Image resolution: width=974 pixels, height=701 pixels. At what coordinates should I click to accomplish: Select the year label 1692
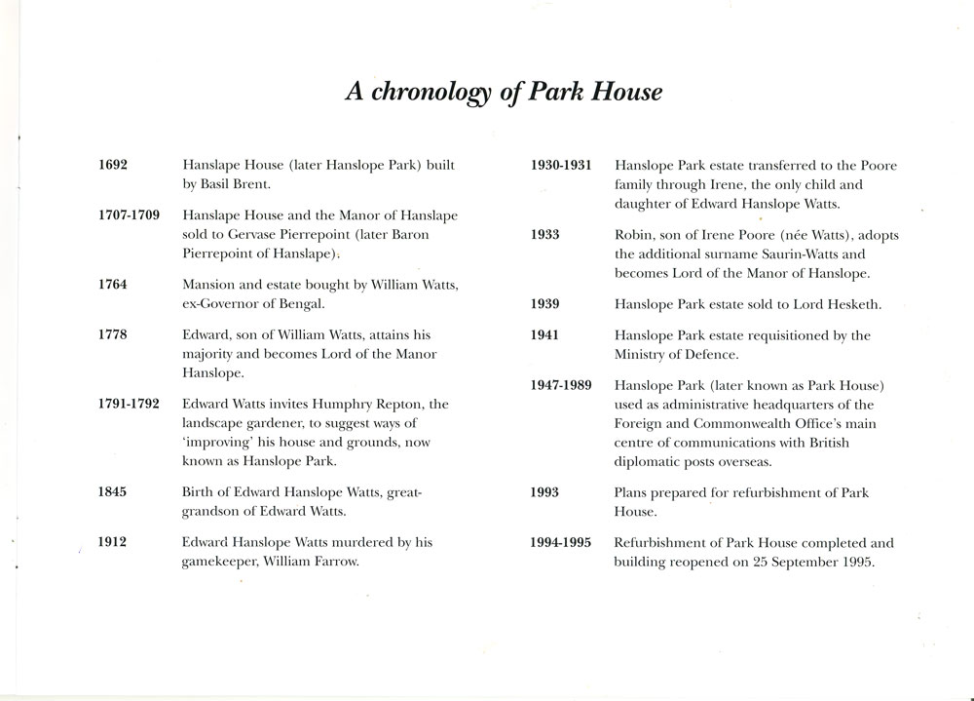(x=113, y=167)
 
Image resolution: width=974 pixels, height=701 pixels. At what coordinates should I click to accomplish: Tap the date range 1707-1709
(x=129, y=214)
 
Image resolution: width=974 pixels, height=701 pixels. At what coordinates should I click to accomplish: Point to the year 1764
(x=113, y=284)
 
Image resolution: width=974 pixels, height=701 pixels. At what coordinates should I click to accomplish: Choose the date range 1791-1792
(x=129, y=402)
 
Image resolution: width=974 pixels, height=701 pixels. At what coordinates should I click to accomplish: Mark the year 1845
(x=113, y=493)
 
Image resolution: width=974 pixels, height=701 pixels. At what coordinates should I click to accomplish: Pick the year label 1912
(x=113, y=541)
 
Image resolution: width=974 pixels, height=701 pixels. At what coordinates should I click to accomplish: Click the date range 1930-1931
(x=561, y=167)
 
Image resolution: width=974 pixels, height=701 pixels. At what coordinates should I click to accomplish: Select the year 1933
(x=545, y=236)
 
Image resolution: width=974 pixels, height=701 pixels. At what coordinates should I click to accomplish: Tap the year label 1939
(x=545, y=304)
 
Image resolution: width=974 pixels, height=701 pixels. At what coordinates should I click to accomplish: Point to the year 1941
(x=545, y=335)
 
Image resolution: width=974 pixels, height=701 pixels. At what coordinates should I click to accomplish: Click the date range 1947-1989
(x=561, y=384)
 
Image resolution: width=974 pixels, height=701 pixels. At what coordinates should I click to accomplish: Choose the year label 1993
(x=545, y=493)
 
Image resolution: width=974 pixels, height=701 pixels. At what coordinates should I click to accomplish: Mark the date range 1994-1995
(x=561, y=542)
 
